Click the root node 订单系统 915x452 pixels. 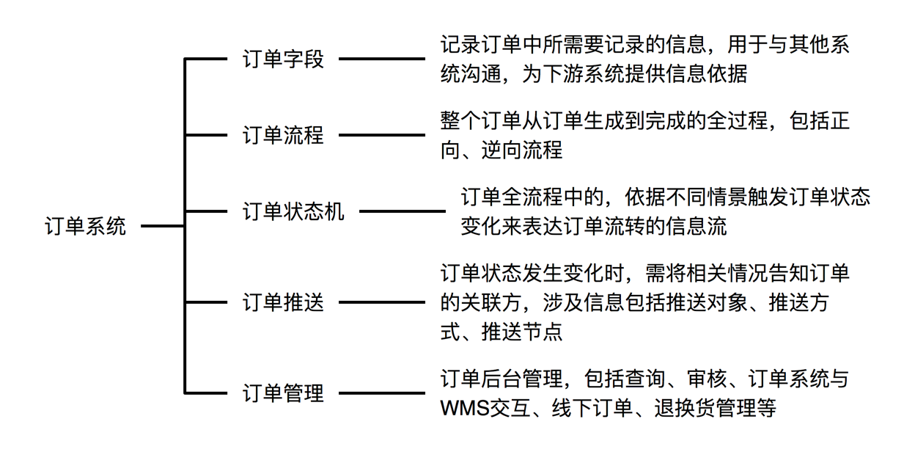[x=85, y=226]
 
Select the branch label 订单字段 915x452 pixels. [x=283, y=59]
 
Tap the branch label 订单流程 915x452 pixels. [x=283, y=135]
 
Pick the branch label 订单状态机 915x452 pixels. [x=293, y=211]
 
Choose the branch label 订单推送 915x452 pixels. [x=283, y=302]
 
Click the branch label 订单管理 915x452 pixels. [x=283, y=393]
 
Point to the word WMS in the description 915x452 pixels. [x=465, y=408]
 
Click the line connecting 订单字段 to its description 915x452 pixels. [x=382, y=59]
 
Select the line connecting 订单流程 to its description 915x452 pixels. [x=382, y=135]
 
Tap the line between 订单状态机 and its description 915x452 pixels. [x=403, y=211]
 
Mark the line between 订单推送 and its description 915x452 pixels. [x=382, y=302]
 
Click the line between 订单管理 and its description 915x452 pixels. [x=382, y=393]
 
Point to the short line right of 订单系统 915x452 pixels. [x=163, y=226]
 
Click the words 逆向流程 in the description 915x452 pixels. [x=522, y=150]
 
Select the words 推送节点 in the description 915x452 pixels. [x=522, y=332]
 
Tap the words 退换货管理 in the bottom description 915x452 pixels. [x=705, y=408]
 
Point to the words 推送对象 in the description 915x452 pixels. [x=707, y=302]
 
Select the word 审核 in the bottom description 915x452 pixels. [x=707, y=379]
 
